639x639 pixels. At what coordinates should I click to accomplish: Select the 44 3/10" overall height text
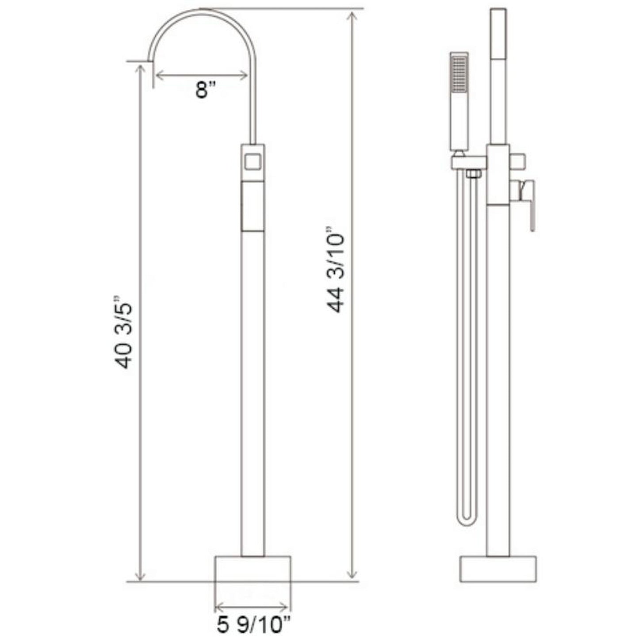coord(334,270)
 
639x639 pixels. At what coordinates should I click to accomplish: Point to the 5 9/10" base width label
coord(254,625)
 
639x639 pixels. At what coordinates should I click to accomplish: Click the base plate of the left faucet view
coord(253,568)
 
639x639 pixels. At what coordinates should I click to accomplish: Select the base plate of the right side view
coord(498,569)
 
